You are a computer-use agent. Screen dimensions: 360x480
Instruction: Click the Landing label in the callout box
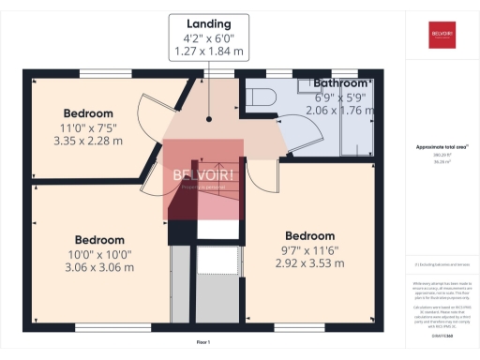pyautogui.click(x=208, y=22)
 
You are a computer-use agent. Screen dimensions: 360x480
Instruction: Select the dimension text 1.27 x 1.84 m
pyautogui.click(x=208, y=52)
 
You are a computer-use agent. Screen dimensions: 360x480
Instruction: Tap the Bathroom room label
pyautogui.click(x=341, y=83)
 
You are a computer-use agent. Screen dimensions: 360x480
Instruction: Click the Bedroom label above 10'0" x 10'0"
pyautogui.click(x=99, y=239)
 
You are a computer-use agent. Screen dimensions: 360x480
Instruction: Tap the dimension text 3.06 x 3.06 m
pyautogui.click(x=99, y=267)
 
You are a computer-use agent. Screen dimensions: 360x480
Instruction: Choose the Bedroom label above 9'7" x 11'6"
pyautogui.click(x=309, y=235)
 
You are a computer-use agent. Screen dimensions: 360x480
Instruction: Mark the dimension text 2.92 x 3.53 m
pyautogui.click(x=309, y=263)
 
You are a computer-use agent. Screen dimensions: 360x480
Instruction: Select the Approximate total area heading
pyautogui.click(x=442, y=147)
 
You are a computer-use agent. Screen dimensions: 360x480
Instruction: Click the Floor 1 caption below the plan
pyautogui.click(x=202, y=343)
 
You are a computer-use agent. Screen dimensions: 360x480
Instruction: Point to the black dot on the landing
pyautogui.click(x=209, y=119)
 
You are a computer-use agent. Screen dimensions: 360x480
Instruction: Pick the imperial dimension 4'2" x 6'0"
pyautogui.click(x=208, y=38)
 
